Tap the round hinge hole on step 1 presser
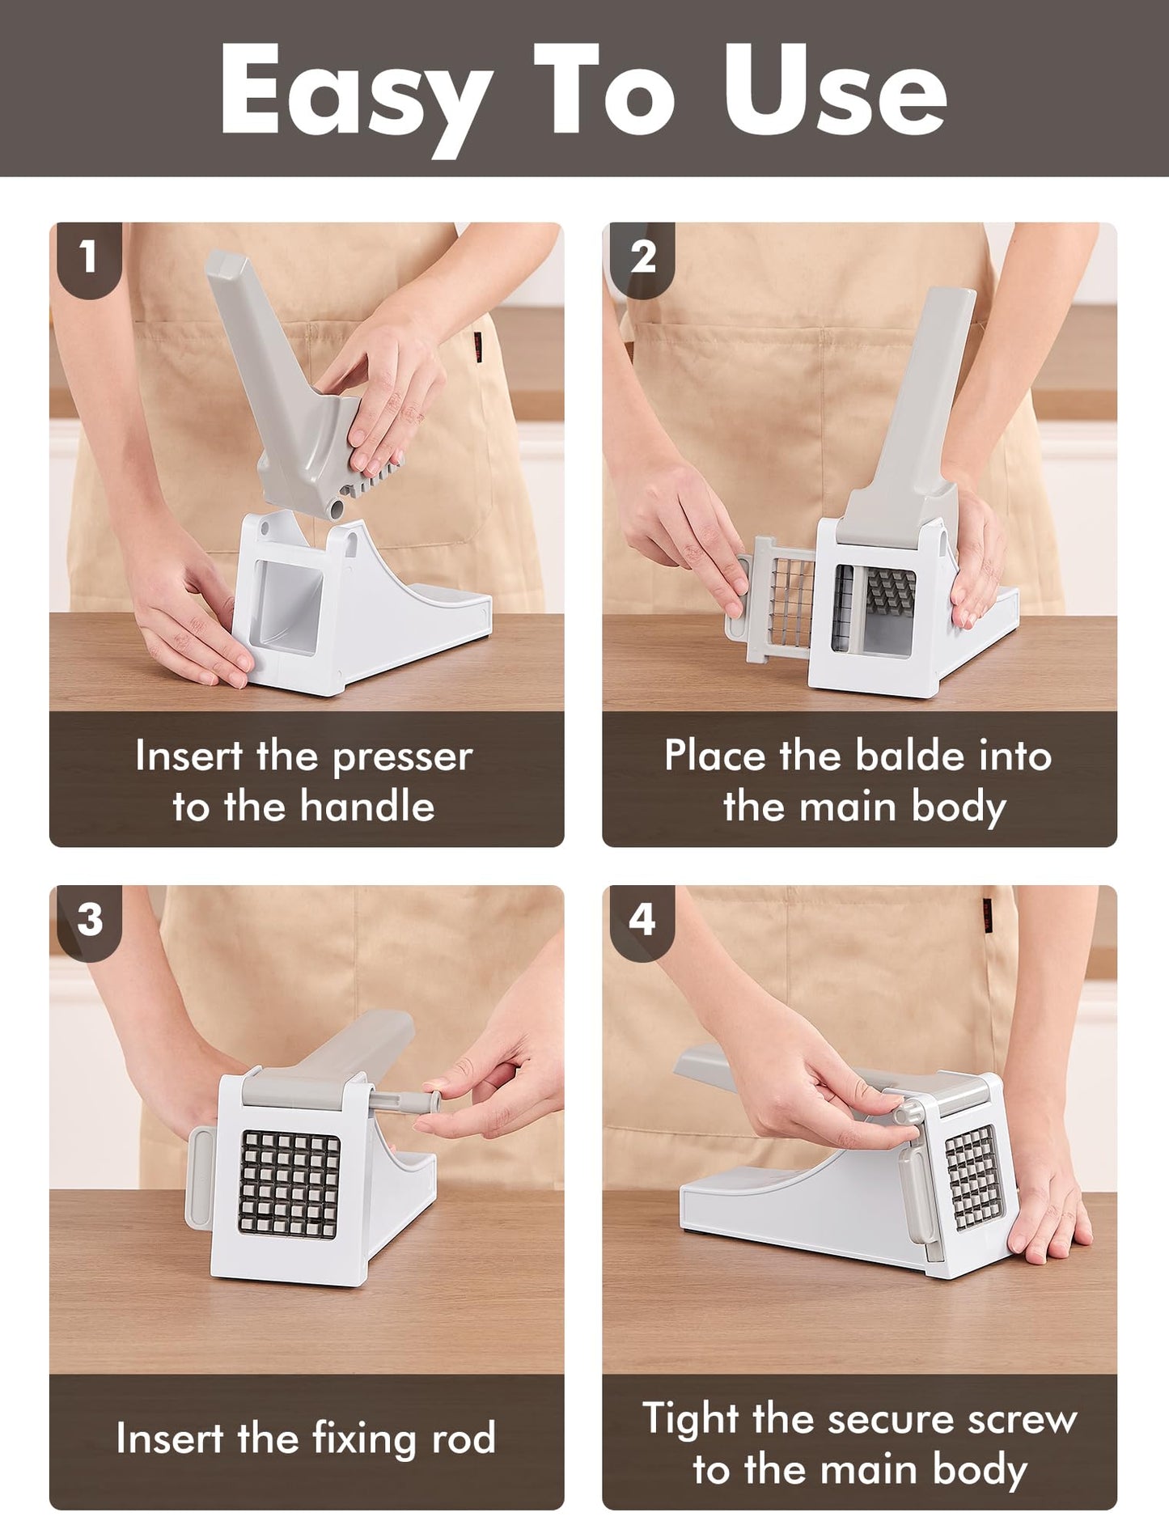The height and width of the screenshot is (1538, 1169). (x=335, y=509)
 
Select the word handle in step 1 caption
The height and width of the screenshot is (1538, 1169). (x=368, y=806)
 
